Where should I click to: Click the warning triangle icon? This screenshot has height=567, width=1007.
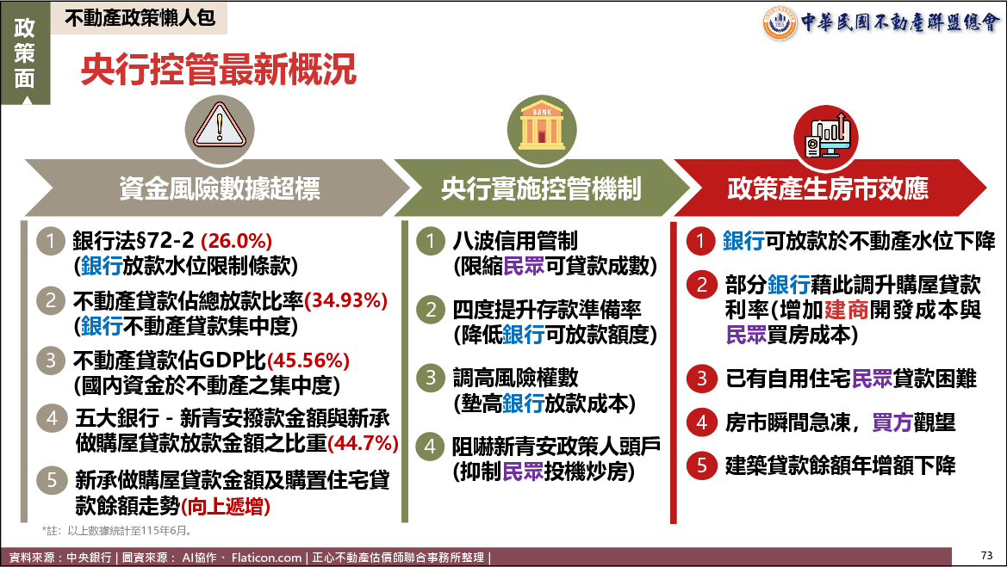tap(220, 128)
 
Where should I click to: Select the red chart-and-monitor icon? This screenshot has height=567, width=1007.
tap(827, 135)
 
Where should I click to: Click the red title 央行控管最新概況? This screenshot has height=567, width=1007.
tap(218, 70)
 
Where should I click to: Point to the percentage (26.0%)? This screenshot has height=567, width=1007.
tap(236, 241)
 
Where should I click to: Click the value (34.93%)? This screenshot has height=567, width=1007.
tap(346, 300)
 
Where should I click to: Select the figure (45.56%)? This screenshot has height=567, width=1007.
tap(308, 361)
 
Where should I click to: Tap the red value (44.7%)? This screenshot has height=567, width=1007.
tap(363, 442)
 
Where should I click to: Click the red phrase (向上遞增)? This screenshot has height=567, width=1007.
tap(226, 506)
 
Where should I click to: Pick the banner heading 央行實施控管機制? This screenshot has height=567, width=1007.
tap(541, 188)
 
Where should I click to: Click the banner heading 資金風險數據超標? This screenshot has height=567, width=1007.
tap(220, 188)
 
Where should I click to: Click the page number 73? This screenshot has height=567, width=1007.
tap(987, 556)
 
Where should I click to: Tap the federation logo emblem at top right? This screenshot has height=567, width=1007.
tap(780, 23)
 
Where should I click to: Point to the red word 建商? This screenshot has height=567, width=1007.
tap(846, 310)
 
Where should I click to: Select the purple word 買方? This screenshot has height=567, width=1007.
tap(892, 422)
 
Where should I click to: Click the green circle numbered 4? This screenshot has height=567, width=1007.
tap(431, 447)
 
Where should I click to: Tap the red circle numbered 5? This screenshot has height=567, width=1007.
tap(701, 465)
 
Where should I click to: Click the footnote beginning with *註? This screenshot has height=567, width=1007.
tap(117, 531)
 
